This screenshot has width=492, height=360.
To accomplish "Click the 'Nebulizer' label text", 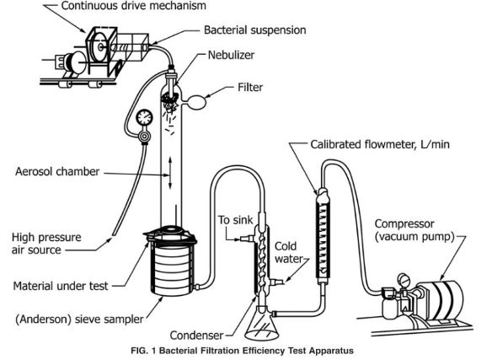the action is pyautogui.click(x=231, y=55).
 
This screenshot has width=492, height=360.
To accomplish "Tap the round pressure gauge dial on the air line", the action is pyautogui.click(x=144, y=117).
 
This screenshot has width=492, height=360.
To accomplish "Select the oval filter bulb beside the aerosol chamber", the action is pyautogui.click(x=197, y=102).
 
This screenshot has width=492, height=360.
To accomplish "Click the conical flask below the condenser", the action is pyautogui.click(x=262, y=323).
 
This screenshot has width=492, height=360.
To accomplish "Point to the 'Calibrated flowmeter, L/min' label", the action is pyautogui.click(x=380, y=144).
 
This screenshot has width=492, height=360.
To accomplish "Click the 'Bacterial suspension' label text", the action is pyautogui.click(x=254, y=30).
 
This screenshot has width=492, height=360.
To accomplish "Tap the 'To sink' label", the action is pyautogui.click(x=235, y=220).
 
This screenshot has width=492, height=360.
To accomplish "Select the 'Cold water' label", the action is pyautogui.click(x=288, y=252).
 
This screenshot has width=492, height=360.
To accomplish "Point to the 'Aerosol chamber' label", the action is pyautogui.click(x=57, y=171).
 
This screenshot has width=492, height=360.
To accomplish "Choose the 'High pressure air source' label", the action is pyautogui.click(x=46, y=244).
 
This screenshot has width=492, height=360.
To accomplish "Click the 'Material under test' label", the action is pyautogui.click(x=61, y=286).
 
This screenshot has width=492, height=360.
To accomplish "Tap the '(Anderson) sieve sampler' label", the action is pyautogui.click(x=79, y=320).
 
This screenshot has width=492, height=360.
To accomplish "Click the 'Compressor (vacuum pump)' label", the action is pyautogui.click(x=414, y=230).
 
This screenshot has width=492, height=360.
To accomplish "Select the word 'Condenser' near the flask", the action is pyautogui.click(x=196, y=336).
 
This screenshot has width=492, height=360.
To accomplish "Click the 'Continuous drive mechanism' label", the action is pyautogui.click(x=133, y=6).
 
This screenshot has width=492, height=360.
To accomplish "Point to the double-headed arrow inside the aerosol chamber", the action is pyautogui.click(x=170, y=172).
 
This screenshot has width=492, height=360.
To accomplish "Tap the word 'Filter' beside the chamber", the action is pyautogui.click(x=250, y=87).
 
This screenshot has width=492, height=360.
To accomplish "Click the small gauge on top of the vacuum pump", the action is pyautogui.click(x=402, y=279).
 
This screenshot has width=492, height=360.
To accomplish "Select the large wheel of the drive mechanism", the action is pyautogui.click(x=100, y=47).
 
